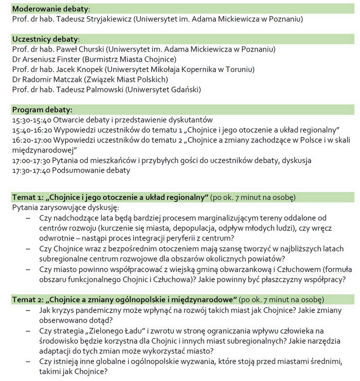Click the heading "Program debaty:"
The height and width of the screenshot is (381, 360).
coord(42,110)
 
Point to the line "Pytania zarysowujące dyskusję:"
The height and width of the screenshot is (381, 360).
coord(66,208)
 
